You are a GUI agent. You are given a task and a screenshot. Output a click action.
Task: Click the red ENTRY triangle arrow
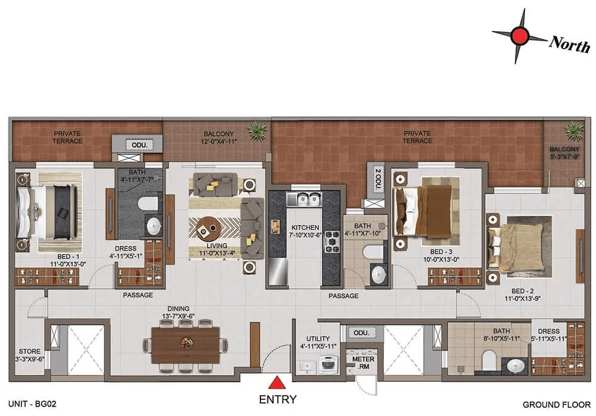(x=277, y=383)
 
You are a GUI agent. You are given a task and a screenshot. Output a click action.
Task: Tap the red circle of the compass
(x=520, y=35)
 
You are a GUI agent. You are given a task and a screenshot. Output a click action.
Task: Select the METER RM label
(x=363, y=363)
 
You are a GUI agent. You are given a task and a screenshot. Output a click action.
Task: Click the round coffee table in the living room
(x=208, y=229)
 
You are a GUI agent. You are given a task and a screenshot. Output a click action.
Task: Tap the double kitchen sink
(x=304, y=199)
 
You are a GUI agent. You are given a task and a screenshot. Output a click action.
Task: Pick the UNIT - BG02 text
(x=32, y=404)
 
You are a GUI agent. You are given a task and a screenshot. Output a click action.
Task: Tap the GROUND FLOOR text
(x=557, y=405)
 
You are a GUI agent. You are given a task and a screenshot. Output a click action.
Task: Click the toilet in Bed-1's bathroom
(x=148, y=203)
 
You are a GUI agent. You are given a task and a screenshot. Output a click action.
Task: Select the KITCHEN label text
(x=305, y=227)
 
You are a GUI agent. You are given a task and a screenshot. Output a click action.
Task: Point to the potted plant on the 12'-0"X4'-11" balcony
(x=257, y=130)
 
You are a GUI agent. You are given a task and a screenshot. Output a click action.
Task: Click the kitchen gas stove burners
(x=331, y=242)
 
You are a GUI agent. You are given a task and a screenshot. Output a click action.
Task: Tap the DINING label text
(x=178, y=309)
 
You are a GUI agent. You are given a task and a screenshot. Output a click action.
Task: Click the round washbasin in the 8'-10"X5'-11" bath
(x=515, y=366)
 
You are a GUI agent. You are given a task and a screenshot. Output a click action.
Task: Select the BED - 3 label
(x=441, y=252)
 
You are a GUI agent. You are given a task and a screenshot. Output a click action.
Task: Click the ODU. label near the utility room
(x=361, y=332)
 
